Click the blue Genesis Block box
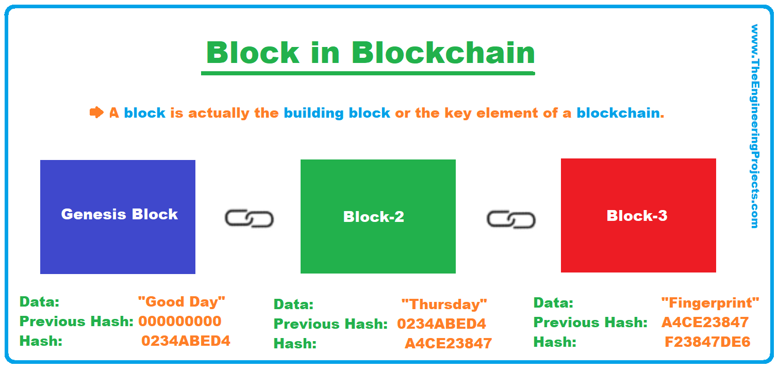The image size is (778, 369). click(x=118, y=217)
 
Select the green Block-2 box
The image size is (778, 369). click(x=378, y=216)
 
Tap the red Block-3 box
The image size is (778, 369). click(x=638, y=215)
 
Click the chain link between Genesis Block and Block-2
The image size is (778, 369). click(x=249, y=219)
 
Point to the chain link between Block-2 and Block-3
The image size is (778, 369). click(x=511, y=220)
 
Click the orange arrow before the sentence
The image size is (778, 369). click(x=96, y=112)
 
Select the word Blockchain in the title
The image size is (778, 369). click(x=443, y=53)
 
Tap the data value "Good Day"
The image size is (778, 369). click(x=181, y=301)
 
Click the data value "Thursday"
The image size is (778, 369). click(x=444, y=304)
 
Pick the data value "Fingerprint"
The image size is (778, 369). click(x=710, y=302)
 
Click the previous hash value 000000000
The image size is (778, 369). click(x=179, y=321)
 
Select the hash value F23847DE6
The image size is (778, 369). click(x=707, y=342)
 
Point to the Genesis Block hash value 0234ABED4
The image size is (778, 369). click(x=186, y=341)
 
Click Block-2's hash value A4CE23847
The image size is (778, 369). click(x=448, y=343)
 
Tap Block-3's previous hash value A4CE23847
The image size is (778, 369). click(x=705, y=323)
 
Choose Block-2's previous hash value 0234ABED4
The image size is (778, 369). click(x=441, y=324)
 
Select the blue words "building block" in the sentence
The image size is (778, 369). click(x=337, y=113)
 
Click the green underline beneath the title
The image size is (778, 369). click(x=368, y=73)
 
